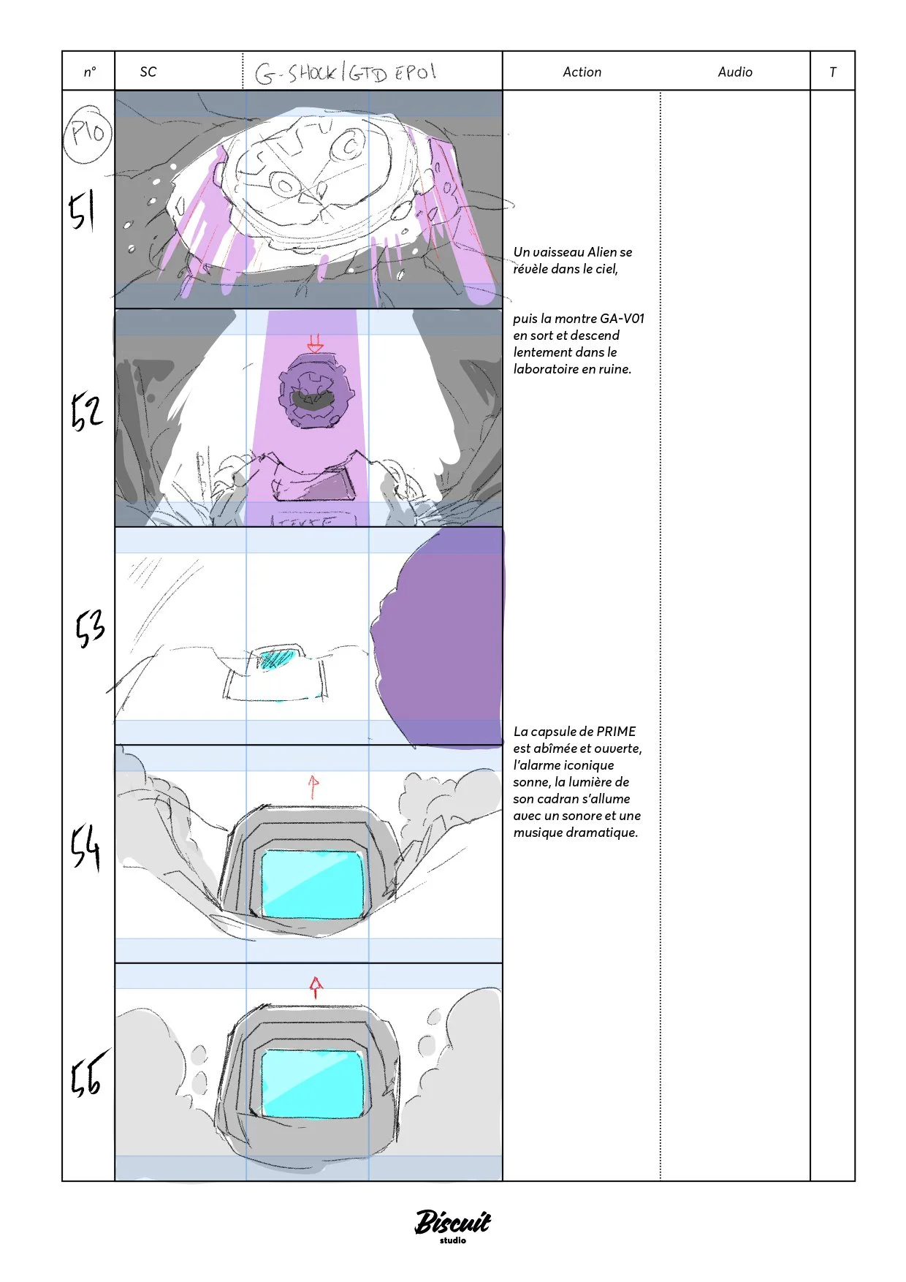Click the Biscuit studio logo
tap(452, 1224)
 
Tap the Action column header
tap(582, 72)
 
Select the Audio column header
tap(734, 72)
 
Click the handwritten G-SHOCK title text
tap(346, 73)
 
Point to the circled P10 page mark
tap(88, 133)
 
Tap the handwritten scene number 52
tap(86, 411)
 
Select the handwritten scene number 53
tap(90, 628)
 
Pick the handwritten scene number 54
tap(85, 848)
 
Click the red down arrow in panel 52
tap(315, 344)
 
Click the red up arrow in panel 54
tap(313, 786)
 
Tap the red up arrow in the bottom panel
tap(315, 987)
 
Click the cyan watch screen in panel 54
tap(313, 884)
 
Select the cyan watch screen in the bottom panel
tap(313, 1083)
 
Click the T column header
tap(832, 72)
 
